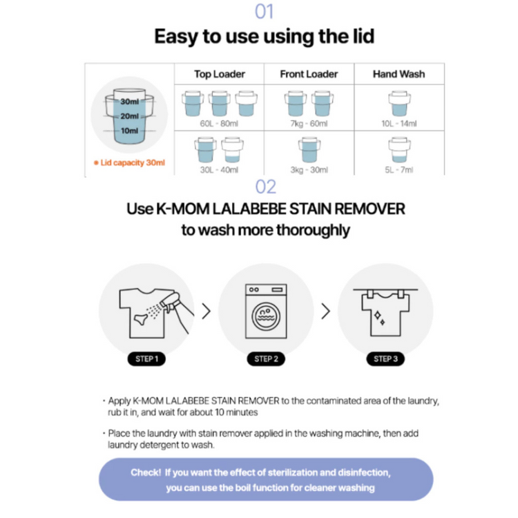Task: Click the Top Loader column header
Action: click(220, 74)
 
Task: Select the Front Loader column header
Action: click(309, 74)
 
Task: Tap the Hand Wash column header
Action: click(399, 74)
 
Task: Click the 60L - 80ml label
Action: click(219, 124)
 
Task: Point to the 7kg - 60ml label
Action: click(309, 124)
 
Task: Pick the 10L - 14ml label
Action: click(399, 124)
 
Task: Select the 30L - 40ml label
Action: click(219, 170)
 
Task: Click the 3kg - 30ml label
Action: click(309, 170)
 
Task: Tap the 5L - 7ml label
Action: click(399, 170)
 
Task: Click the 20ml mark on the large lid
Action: click(129, 116)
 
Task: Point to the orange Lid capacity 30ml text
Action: click(129, 162)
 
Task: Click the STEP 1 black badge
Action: click(146, 358)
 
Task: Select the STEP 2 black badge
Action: click(266, 358)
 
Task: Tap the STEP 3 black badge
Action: click(385, 358)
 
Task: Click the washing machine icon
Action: click(266, 311)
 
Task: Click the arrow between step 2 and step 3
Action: click(326, 311)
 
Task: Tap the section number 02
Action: click(266, 186)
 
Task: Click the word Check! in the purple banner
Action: click(146, 472)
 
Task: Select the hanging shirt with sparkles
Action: click(385, 312)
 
